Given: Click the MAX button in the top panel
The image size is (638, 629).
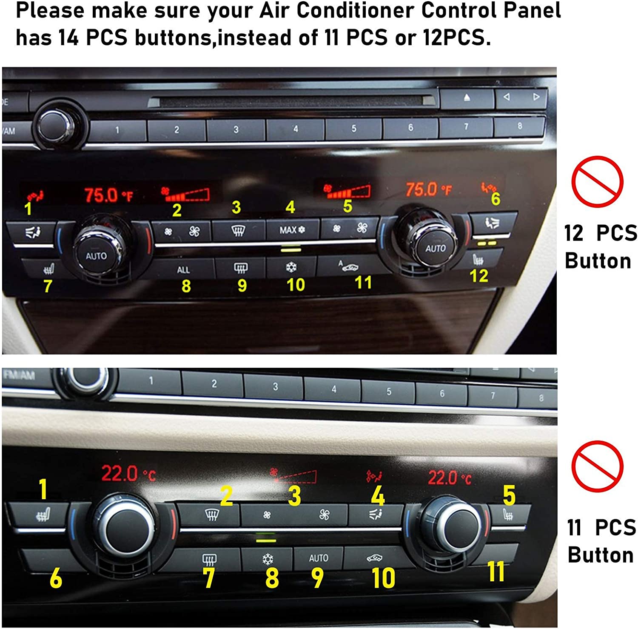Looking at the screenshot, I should click(292, 230).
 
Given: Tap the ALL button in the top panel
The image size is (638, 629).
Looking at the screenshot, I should click(183, 269).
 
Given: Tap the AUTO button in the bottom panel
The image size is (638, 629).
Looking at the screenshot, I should click(319, 558).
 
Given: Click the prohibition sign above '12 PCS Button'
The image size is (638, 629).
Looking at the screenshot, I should click(597, 181).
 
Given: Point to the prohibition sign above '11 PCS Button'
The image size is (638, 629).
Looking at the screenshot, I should click(597, 466).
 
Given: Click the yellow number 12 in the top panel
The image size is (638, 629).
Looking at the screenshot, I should click(478, 276).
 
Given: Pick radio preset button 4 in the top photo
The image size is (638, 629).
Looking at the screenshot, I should click(295, 129).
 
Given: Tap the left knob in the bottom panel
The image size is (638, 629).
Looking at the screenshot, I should click(123, 528).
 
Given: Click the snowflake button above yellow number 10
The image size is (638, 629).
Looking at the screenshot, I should click(291, 267).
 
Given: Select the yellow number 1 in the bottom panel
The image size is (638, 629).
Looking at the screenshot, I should click(43, 489).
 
